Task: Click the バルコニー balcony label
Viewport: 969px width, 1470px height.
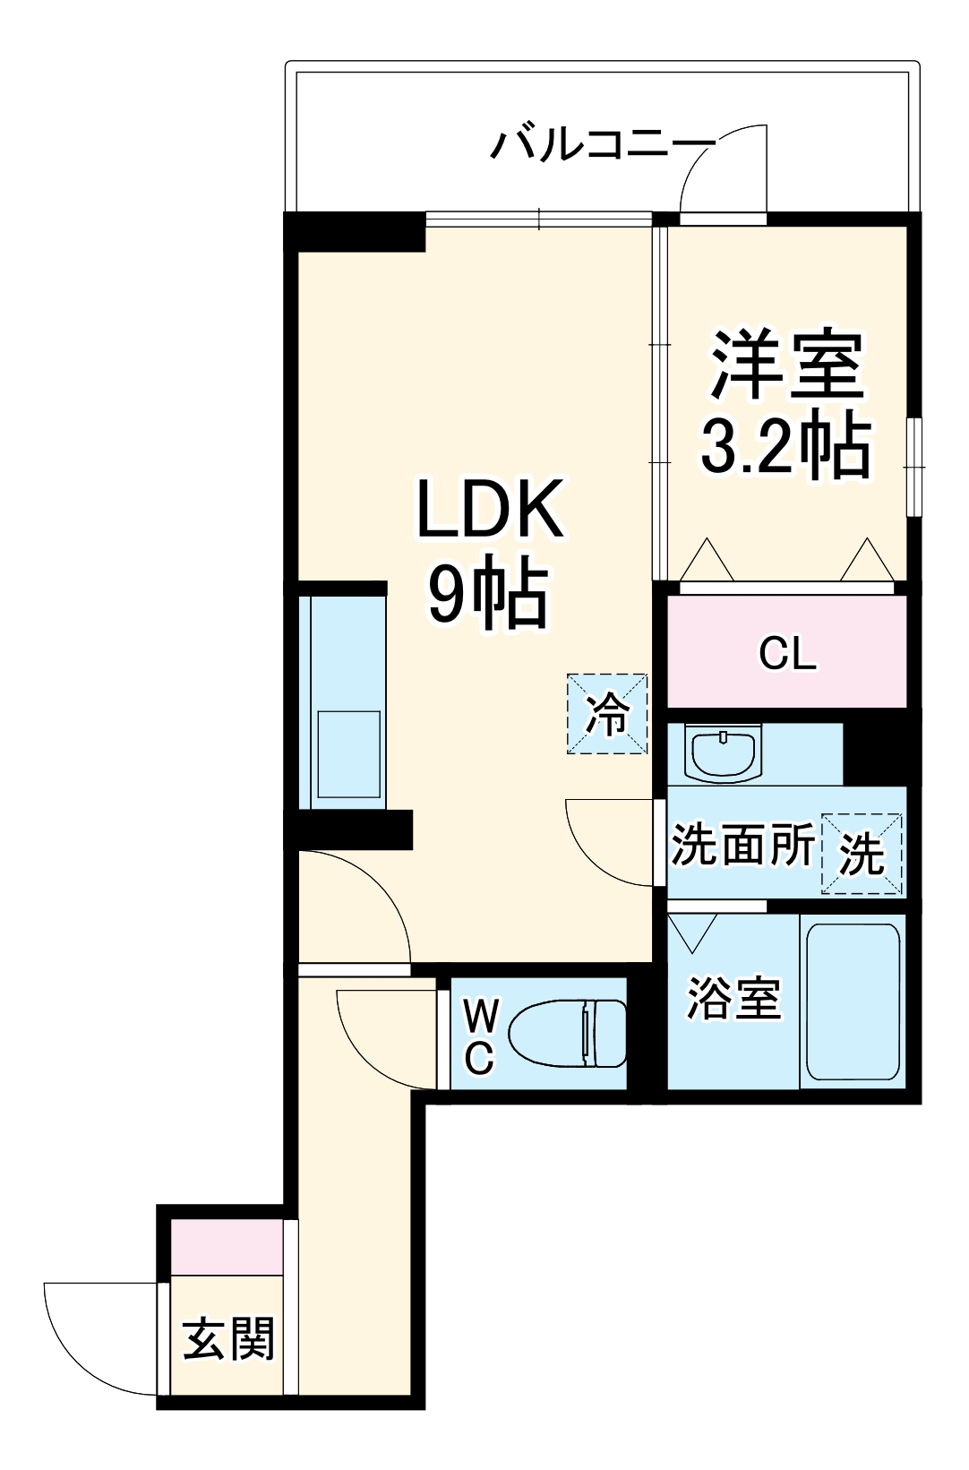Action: pyautogui.click(x=602, y=144)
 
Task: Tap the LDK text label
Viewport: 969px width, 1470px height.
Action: pyautogui.click(x=491, y=509)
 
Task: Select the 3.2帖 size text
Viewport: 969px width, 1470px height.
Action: pyautogui.click(x=785, y=445)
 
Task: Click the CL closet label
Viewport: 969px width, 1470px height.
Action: pyautogui.click(x=787, y=653)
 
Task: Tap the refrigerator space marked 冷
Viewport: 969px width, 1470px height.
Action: pyautogui.click(x=607, y=714)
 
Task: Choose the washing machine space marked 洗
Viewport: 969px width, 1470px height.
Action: pyautogui.click(x=862, y=854)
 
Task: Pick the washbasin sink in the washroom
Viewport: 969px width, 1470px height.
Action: pyautogui.click(x=723, y=753)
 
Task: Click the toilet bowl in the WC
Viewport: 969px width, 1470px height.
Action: pyautogui.click(x=568, y=1033)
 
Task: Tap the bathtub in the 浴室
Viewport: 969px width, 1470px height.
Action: pyautogui.click(x=852, y=1001)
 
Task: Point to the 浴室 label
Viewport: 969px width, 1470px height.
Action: pyautogui.click(x=733, y=997)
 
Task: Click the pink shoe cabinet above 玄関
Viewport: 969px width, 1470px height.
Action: pyautogui.click(x=227, y=1246)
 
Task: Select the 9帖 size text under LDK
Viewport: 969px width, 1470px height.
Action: pyautogui.click(x=488, y=593)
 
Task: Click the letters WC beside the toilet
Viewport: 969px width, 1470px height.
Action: pyautogui.click(x=480, y=1036)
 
